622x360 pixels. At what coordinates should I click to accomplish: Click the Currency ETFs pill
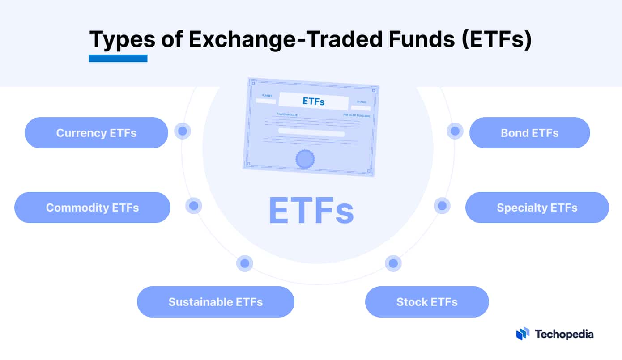coord(96,133)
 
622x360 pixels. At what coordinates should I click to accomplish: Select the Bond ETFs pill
coord(529,133)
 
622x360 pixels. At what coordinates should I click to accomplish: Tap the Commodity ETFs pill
coord(92,208)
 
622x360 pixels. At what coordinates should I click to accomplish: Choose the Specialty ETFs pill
coord(537,208)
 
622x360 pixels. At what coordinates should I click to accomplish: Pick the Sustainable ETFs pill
coord(215,302)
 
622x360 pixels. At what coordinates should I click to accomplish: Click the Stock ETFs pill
coord(427,302)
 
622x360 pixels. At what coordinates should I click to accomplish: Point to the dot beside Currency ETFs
coord(183,131)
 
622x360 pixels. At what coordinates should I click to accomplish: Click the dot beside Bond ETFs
coord(455,131)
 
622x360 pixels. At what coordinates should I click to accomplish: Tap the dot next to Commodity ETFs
coord(194,206)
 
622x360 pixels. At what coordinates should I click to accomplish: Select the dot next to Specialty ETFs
coord(442,206)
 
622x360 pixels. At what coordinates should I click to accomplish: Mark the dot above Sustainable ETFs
coord(245,263)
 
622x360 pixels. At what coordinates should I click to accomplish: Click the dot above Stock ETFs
coord(393,263)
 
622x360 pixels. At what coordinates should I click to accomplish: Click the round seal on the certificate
coord(305,159)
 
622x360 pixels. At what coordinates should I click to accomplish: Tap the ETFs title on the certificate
coord(314,102)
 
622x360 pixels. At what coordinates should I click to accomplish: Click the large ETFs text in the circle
coord(311,211)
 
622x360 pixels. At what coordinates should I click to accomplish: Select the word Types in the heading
coord(122,39)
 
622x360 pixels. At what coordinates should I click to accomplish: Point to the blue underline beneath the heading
coord(118,58)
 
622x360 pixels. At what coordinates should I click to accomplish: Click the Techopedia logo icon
coord(523,334)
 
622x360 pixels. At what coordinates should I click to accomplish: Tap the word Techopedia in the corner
coord(564,334)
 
